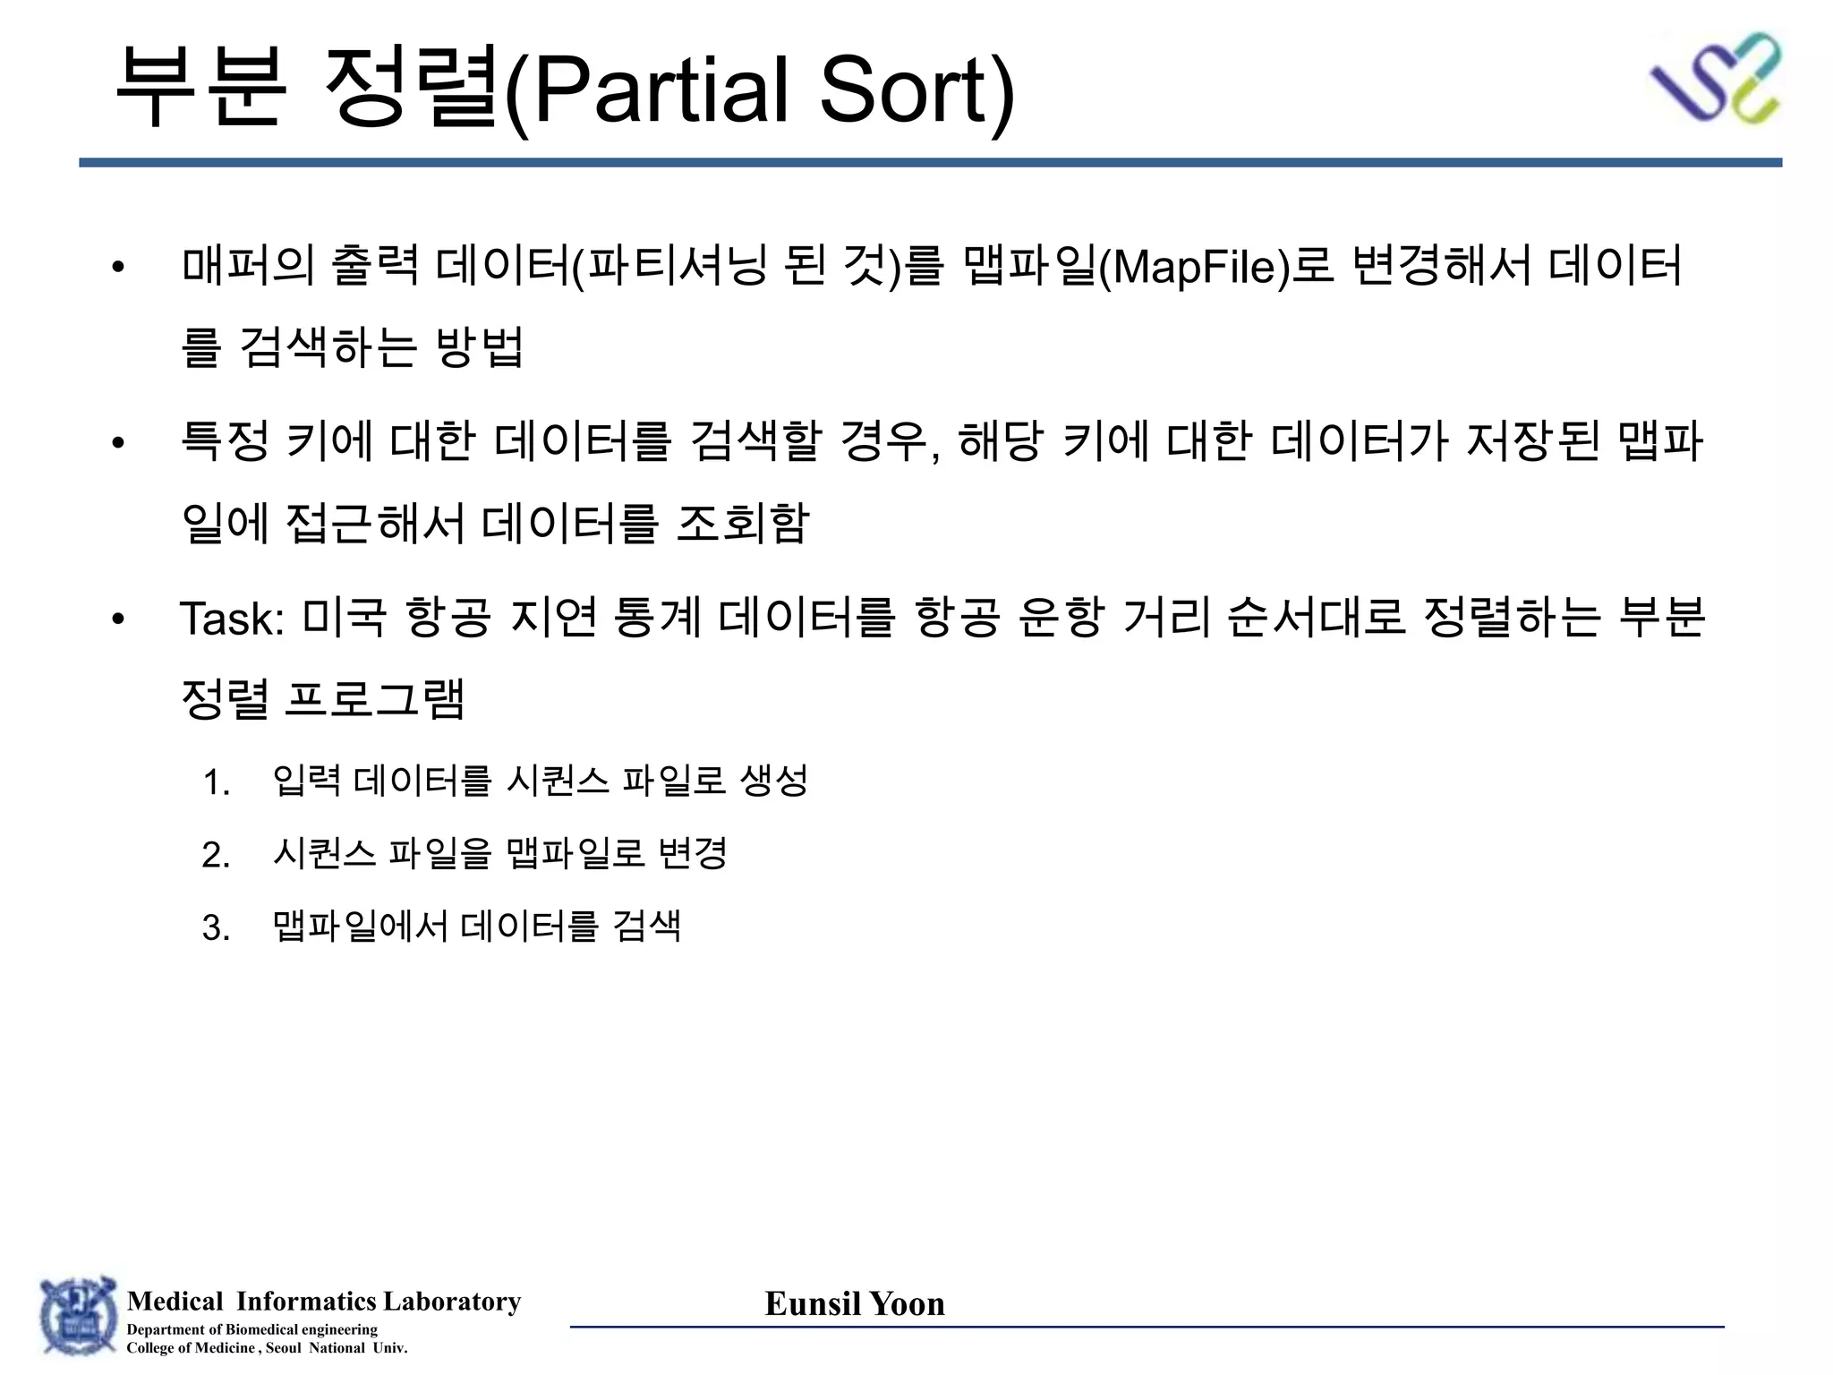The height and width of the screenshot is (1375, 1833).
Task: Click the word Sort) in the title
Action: click(917, 90)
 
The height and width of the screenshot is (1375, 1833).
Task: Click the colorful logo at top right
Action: click(1715, 79)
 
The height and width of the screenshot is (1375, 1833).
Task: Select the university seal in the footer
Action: click(79, 1316)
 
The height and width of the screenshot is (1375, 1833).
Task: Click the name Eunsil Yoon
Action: click(855, 1304)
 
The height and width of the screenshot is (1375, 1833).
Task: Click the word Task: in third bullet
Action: click(232, 619)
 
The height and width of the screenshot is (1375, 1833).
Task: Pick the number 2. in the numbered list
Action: click(217, 855)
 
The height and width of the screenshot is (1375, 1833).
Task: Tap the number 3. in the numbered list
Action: click(217, 927)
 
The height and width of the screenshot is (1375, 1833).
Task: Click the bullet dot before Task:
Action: click(118, 619)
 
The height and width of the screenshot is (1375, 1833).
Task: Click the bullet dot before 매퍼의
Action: click(118, 267)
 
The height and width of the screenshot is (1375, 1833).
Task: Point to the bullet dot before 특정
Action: click(118, 442)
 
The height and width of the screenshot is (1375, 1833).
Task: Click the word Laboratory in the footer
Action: click(451, 1301)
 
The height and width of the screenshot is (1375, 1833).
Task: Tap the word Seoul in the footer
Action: click(284, 1348)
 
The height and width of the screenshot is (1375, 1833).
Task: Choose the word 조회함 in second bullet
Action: click(743, 524)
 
